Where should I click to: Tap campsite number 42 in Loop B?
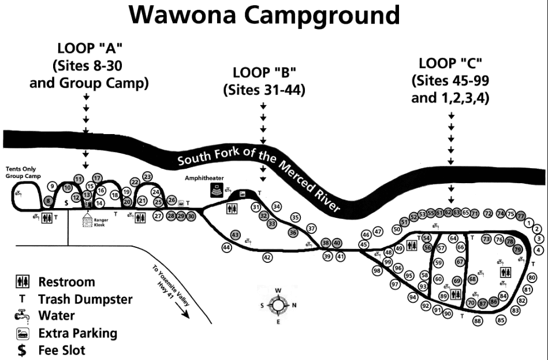click(267, 257)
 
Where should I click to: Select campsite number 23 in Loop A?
click(147, 176)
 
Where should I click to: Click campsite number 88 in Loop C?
click(478, 321)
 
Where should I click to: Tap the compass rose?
click(278, 305)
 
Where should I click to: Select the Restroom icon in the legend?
click(22, 283)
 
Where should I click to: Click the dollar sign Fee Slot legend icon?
click(22, 350)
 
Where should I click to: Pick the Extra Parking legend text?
click(77, 333)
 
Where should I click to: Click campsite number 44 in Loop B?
click(226, 247)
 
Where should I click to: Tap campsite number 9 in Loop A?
click(51, 185)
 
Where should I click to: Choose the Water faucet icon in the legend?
click(22, 316)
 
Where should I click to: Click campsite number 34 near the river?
click(276, 206)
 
